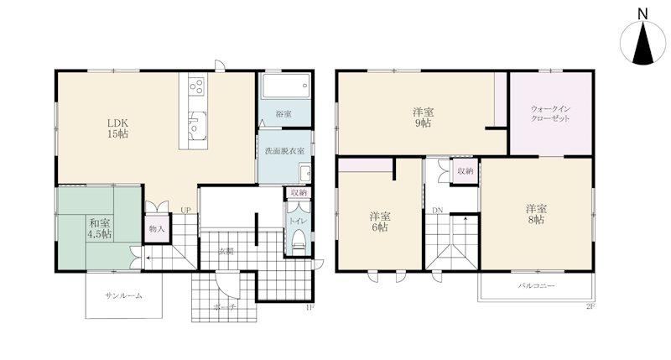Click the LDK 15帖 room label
coord(117,128)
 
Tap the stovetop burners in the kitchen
coord(196,86)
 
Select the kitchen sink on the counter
coord(197,125)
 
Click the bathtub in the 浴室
coord(285,86)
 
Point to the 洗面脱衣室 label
coord(284,151)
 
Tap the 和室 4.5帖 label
coord(100,228)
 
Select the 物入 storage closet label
coord(157,228)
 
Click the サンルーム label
coord(123,295)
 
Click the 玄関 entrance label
coord(226,252)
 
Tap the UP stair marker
coord(185,210)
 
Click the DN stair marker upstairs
coord(437,210)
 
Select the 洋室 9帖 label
coord(424,117)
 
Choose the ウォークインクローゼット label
coord(550,114)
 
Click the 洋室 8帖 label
coord(537,215)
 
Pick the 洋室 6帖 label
coord(380,222)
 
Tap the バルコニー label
coord(537,285)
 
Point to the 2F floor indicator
coord(590,306)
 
